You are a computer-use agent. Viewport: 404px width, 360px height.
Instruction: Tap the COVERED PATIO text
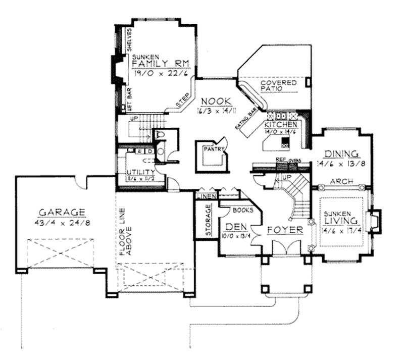click(x=278, y=86)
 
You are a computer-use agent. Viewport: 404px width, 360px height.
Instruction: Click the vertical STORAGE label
click(x=208, y=221)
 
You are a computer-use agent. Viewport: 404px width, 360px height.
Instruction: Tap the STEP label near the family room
click(x=183, y=99)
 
